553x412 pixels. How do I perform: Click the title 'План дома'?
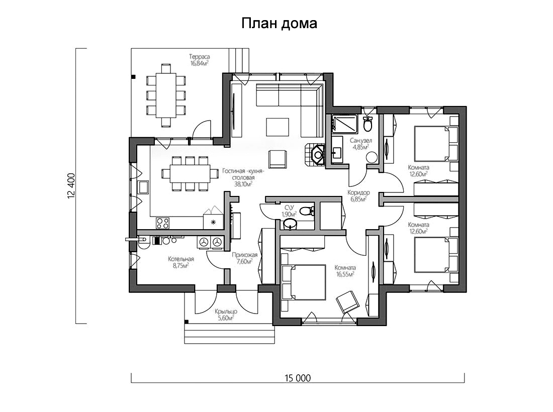coord(279,23)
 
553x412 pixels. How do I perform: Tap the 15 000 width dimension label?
coord(298,378)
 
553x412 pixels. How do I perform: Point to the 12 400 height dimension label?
coord(71,186)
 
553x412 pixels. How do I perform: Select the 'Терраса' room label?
coord(200,57)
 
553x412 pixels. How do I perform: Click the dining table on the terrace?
coord(166,95)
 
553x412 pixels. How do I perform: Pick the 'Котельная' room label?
coord(181,259)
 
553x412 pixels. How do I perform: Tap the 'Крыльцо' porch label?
coord(226,312)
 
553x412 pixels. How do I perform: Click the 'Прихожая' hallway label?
coord(244,255)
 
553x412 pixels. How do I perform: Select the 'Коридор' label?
coord(358,193)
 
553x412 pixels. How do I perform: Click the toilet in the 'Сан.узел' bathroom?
coord(368,124)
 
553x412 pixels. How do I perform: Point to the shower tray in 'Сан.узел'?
coord(344,125)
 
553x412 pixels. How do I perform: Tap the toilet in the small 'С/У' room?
coord(309,211)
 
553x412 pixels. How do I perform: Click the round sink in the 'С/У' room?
coord(290,224)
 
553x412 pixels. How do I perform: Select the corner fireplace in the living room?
coord(315,154)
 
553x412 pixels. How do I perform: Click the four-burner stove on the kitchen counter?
coord(163,223)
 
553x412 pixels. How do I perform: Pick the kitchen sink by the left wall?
coord(143,187)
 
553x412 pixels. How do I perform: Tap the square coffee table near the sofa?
coord(278,127)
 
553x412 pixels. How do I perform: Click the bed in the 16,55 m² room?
coord(303,282)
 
